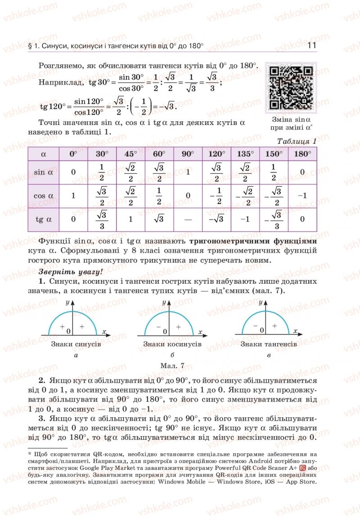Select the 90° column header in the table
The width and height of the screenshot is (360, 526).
coord(188,154)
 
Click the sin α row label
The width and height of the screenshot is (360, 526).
coord(44,172)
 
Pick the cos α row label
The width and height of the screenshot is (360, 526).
coord(44,196)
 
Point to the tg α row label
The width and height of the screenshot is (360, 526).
coord(44,219)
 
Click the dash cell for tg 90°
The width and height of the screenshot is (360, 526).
coord(188,219)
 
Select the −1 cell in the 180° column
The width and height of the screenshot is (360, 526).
coord(302,196)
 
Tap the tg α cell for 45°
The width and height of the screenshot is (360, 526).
coord(130,219)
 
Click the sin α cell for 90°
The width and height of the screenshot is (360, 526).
coord(188,172)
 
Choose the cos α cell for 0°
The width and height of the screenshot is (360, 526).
coord(73,196)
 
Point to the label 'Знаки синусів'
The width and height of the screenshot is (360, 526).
coord(76,344)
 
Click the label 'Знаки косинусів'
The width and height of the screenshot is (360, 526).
coord(172,344)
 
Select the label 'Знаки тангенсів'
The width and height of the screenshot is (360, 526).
coord(269,344)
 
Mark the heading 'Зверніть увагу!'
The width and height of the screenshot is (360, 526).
coord(65,272)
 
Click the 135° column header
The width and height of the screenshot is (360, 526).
coord(245,154)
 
